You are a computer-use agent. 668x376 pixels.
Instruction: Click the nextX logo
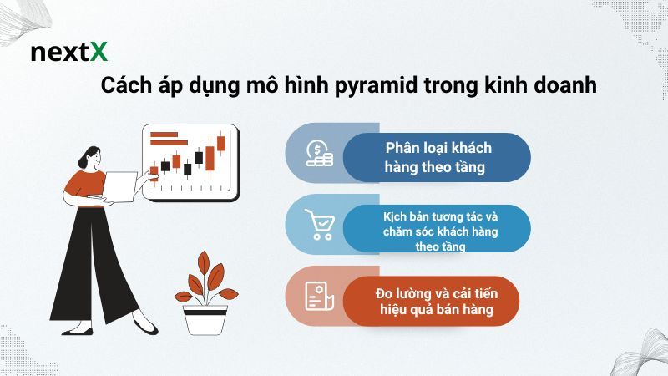69,53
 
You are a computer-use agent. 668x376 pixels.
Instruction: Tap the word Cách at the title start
126,86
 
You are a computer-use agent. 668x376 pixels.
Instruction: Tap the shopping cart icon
318,225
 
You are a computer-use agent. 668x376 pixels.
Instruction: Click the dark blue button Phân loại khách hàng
438,158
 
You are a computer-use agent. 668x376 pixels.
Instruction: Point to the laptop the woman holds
120,185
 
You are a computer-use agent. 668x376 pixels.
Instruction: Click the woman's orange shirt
85,185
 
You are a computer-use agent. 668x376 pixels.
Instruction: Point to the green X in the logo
99,53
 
